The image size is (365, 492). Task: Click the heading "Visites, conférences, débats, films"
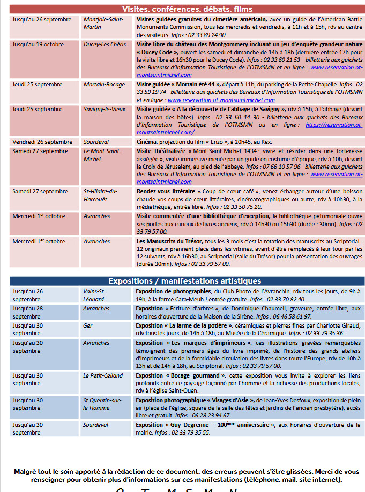coord(187,9)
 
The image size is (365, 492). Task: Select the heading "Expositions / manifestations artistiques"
coord(184,281)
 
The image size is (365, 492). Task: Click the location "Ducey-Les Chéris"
coord(105,44)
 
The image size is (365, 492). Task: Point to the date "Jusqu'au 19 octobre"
coord(38,44)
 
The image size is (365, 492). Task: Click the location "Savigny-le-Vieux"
coord(105,108)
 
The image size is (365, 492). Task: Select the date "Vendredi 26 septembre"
coord(42,142)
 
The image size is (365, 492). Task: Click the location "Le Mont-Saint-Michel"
coord(101,155)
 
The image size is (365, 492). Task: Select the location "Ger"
coord(87,325)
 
